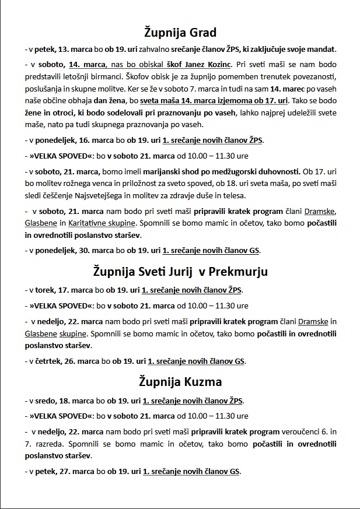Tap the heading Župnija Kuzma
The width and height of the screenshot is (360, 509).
[180, 382]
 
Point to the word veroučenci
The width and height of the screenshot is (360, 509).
[303, 432]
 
